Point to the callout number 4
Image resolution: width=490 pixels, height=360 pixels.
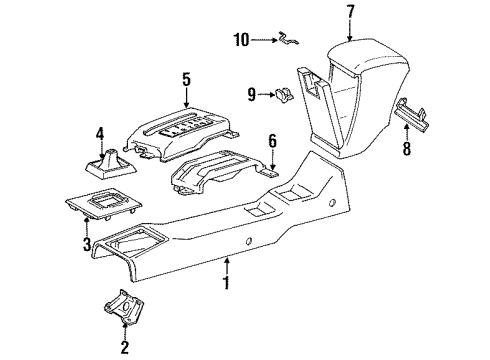[x=100, y=133]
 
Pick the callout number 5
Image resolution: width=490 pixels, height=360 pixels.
[x=185, y=77]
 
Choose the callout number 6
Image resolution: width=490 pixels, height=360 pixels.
[x=271, y=140]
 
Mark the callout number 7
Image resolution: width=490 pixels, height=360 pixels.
[x=350, y=13]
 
